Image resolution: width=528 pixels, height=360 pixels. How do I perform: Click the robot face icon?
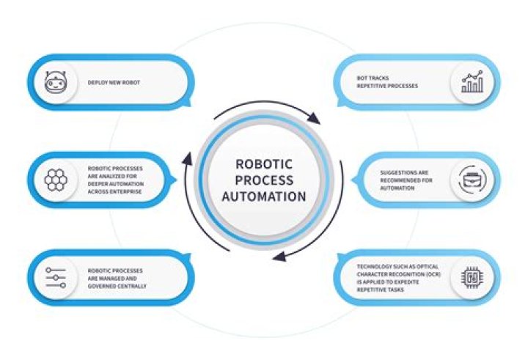(x=56, y=82)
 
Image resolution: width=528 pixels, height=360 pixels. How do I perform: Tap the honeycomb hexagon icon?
(x=56, y=180)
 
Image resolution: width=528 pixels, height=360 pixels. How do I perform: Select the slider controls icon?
(x=56, y=278)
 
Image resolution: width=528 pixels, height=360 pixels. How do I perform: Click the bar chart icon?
(x=472, y=82)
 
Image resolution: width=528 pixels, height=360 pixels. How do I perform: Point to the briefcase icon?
(x=472, y=180)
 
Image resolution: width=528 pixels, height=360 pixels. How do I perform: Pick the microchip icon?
(x=472, y=278)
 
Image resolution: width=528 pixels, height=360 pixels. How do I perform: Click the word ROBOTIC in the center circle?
(x=264, y=164)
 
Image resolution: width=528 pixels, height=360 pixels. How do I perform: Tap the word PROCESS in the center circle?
(x=264, y=180)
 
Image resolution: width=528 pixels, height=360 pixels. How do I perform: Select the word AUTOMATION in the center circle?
(x=264, y=196)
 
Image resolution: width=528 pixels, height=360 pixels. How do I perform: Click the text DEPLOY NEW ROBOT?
(x=114, y=83)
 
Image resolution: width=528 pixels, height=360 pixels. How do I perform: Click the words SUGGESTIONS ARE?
(x=404, y=173)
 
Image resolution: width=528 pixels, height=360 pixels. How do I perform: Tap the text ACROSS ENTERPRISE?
(x=114, y=191)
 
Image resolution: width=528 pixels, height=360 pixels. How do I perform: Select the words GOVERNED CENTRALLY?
(x=117, y=286)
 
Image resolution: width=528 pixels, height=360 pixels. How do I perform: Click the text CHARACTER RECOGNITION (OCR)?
(x=399, y=274)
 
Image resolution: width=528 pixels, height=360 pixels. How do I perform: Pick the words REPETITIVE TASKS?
(x=380, y=290)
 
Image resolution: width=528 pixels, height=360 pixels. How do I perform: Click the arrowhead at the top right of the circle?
(x=314, y=118)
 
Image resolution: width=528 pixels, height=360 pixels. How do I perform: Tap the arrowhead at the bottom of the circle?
(x=279, y=257)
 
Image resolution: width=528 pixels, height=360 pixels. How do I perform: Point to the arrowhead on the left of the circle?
(x=187, y=158)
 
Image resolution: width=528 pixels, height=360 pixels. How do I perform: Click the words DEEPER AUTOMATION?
(x=116, y=184)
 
